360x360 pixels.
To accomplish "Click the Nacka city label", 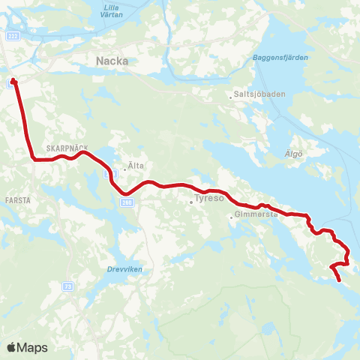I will (x=112, y=61).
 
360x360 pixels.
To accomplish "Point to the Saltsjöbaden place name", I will (x=259, y=96).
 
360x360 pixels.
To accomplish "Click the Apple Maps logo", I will (x=27, y=347).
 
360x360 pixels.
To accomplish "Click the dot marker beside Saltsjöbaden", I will (x=231, y=96).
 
